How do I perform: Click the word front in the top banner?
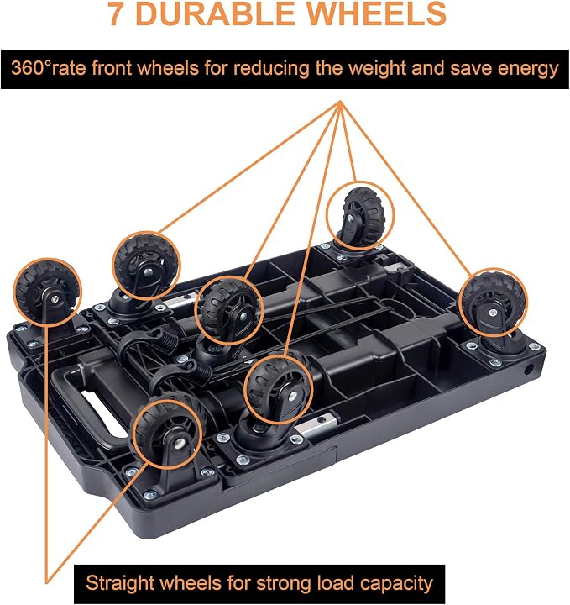point(112,68)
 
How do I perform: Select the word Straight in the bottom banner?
point(119,583)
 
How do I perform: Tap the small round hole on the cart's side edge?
point(529,370)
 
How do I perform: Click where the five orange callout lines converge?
point(340,102)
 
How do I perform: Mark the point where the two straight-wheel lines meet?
point(47,582)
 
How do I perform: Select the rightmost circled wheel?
point(493,302)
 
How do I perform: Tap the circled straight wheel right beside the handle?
point(167,432)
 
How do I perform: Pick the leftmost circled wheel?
point(48,292)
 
